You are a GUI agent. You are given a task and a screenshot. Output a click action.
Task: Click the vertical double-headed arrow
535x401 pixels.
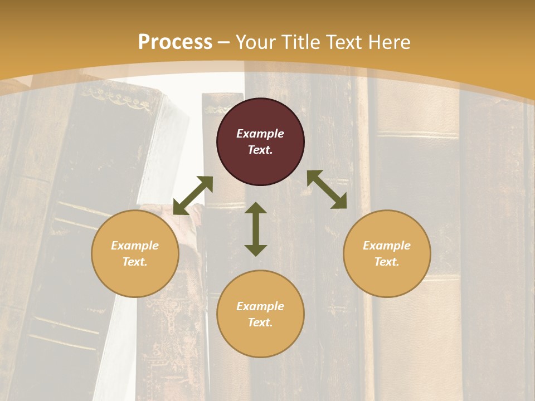pos(256,229)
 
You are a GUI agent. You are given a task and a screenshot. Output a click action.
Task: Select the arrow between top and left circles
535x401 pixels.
pos(193,195)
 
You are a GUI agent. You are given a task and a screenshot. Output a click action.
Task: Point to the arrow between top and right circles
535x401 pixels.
pos(327,189)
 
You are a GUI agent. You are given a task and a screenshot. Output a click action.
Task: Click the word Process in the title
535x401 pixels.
pos(175,42)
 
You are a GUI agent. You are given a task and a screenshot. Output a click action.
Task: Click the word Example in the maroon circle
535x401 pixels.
pos(260,134)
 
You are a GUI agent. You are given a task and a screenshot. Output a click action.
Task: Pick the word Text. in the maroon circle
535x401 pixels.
pos(260,150)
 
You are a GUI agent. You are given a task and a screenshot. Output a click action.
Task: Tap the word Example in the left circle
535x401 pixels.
pos(135,246)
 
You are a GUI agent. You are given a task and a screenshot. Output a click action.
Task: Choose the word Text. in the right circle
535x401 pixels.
pos(387,262)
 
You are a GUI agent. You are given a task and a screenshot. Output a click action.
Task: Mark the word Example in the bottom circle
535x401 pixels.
pos(260,306)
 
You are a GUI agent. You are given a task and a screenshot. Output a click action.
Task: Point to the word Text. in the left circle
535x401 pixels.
pos(135,262)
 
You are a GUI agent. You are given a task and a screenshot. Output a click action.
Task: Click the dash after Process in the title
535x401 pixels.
pos(224,42)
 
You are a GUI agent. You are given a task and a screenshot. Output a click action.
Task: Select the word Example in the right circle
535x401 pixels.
pos(387,246)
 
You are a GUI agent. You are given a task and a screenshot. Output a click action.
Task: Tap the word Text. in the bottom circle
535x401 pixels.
pos(260,322)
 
